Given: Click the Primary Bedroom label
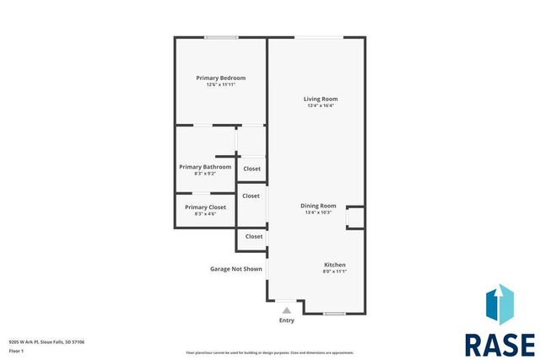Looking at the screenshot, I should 220,78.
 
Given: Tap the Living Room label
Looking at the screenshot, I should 321,99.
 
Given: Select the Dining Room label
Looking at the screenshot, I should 318,205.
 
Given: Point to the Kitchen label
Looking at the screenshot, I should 334,265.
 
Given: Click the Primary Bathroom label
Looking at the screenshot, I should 205,166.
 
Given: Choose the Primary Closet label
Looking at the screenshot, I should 205,207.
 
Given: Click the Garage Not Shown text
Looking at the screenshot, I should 236,269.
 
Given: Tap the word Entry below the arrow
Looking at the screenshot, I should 287,320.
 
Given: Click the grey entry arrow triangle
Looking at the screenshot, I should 287,310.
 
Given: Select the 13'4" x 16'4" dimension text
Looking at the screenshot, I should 321,105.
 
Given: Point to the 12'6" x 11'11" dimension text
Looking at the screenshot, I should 220,84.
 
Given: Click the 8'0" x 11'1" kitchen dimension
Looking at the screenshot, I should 334,271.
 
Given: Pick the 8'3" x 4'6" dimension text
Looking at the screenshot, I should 205,213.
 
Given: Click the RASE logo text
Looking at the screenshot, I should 499,345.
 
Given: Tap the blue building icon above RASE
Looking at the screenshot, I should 499,306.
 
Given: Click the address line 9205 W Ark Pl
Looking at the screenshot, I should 46,341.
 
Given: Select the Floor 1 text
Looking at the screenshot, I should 16,350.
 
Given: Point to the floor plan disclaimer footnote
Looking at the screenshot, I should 269,352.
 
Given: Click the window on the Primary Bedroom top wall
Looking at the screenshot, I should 220,37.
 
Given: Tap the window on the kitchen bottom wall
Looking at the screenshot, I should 334,314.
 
